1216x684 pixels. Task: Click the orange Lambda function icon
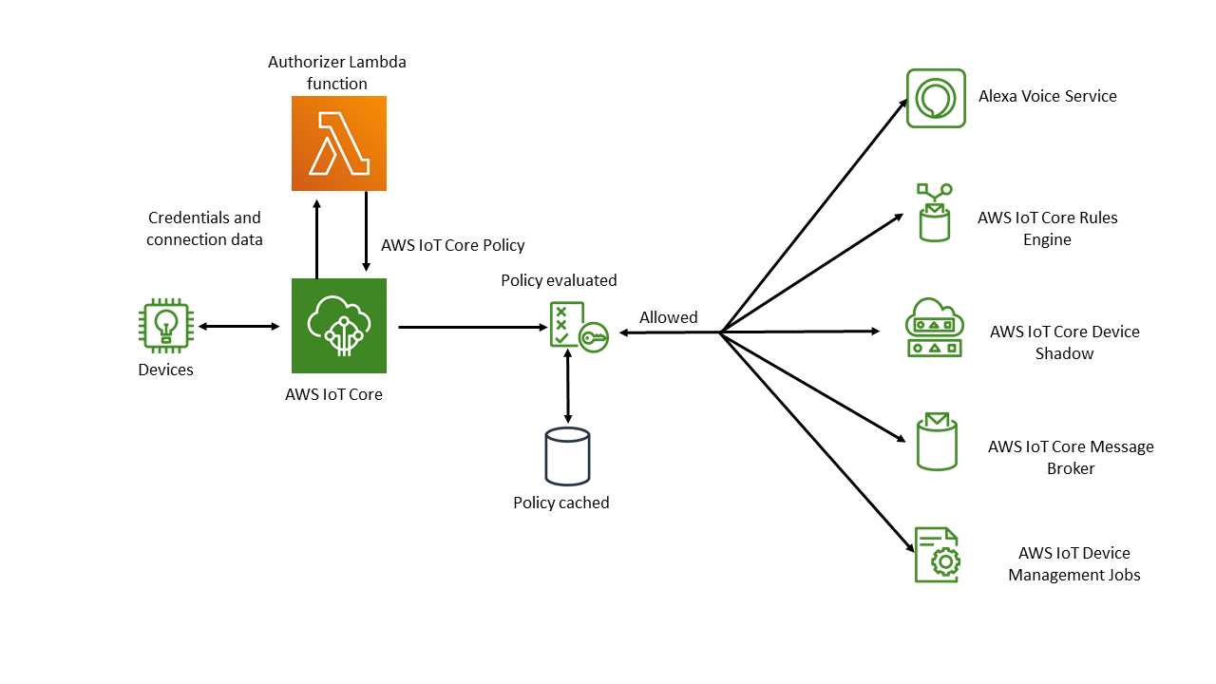pyautogui.click(x=338, y=143)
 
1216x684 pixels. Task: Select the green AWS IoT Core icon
pyautogui.click(x=338, y=326)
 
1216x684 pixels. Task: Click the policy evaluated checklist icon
pyautogui.click(x=578, y=328)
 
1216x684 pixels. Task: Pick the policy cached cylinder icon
pyautogui.click(x=567, y=456)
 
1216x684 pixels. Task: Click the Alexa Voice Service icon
pyautogui.click(x=936, y=98)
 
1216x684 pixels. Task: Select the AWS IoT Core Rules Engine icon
pyautogui.click(x=934, y=213)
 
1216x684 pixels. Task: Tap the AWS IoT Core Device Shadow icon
pyautogui.click(x=934, y=328)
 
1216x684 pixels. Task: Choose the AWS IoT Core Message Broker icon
pyautogui.click(x=936, y=442)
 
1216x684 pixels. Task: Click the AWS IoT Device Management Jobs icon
pyautogui.click(x=937, y=555)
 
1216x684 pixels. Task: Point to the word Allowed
pyautogui.click(x=668, y=317)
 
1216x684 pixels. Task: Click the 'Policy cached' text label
pyautogui.click(x=560, y=503)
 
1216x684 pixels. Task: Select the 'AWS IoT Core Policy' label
pyautogui.click(x=452, y=245)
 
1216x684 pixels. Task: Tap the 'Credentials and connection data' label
pyautogui.click(x=204, y=229)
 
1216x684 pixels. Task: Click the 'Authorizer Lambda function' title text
pyautogui.click(x=336, y=73)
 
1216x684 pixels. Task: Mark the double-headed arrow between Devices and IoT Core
pyautogui.click(x=238, y=327)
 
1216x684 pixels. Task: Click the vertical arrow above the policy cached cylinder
pyautogui.click(x=568, y=386)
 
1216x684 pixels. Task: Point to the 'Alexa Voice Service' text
pyautogui.click(x=1047, y=96)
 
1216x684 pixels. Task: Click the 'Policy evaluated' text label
pyautogui.click(x=559, y=280)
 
